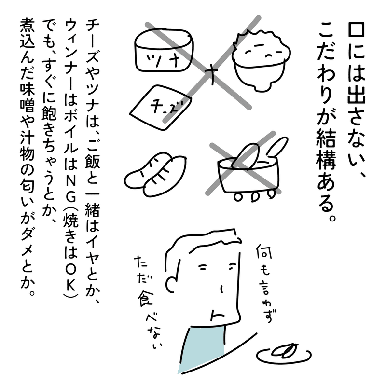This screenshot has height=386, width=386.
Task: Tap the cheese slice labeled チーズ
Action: click(161, 107)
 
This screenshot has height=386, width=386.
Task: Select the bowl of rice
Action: click(262, 60)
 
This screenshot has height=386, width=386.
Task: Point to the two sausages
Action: click(155, 175)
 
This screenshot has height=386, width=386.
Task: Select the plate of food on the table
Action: click(284, 353)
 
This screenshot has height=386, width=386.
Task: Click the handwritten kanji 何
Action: click(263, 251)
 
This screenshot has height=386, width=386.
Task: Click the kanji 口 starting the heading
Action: click(356, 31)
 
